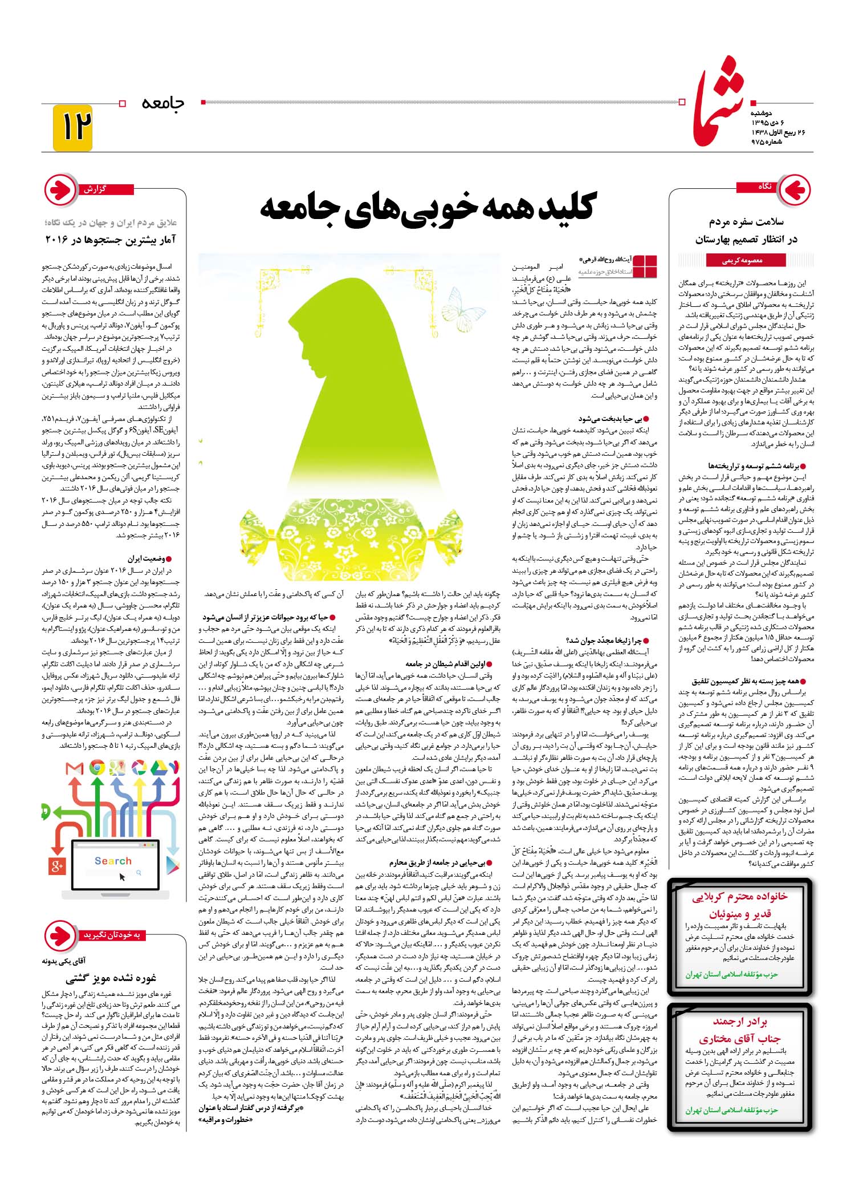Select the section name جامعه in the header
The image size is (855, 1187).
tap(163, 103)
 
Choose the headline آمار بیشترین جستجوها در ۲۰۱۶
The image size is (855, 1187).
tap(111, 240)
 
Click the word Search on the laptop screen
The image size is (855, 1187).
tap(113, 861)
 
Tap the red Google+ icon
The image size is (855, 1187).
tap(57, 867)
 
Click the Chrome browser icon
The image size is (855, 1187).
tap(97, 768)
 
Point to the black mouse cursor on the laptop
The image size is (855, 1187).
tap(122, 876)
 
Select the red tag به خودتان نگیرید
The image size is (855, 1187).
tap(111, 935)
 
